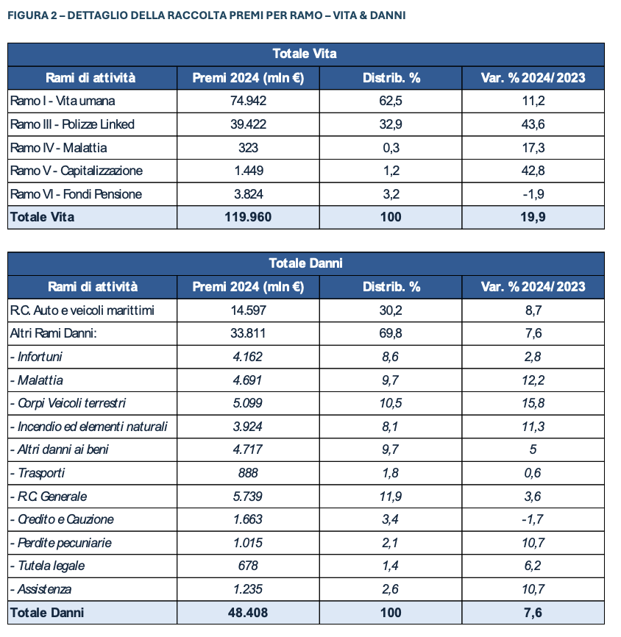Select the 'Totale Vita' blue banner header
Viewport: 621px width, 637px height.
coord(305,54)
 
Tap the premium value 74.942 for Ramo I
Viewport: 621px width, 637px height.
coord(248,101)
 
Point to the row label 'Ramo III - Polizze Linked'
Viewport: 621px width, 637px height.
coord(72,124)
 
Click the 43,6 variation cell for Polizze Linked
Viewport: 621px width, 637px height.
coord(532,124)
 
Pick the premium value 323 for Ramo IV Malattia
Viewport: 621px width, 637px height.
coord(248,148)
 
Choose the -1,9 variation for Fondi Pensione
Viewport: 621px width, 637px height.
coord(532,194)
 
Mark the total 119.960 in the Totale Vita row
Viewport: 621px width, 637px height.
coord(248,217)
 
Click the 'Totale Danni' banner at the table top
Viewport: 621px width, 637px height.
coord(305,263)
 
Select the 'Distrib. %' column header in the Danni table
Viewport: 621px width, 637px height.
coord(391,287)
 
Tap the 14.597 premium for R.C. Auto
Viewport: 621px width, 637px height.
coord(248,310)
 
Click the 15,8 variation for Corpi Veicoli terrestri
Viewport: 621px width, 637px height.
coord(532,403)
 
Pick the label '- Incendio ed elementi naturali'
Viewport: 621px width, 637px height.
coord(89,427)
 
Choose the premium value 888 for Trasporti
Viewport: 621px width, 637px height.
coord(248,473)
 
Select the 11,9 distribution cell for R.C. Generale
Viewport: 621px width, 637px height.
coord(391,497)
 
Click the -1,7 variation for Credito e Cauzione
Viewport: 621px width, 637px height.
coord(532,519)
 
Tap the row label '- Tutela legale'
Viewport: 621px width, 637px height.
coord(47,566)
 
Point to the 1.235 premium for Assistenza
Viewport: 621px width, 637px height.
coord(248,589)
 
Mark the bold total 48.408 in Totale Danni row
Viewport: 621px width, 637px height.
coord(248,613)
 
